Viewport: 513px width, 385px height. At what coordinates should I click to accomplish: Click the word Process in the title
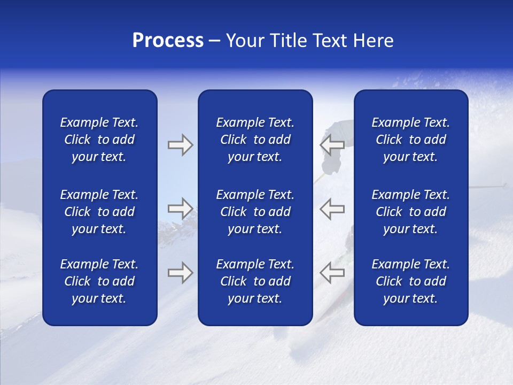pos(168,41)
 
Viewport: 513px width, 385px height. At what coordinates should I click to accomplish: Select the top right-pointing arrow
pos(180,145)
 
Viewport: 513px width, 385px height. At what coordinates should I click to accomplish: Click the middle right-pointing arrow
pos(180,208)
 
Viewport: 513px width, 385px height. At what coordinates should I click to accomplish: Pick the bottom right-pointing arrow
pos(180,273)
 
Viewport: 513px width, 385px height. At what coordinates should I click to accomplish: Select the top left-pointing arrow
pos(332,145)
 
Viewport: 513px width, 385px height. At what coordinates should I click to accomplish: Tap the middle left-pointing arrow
pos(332,208)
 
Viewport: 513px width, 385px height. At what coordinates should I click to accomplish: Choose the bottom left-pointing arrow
pos(332,273)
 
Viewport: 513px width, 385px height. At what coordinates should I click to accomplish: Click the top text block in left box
pos(99,140)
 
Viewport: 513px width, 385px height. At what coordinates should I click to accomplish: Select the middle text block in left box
pos(99,212)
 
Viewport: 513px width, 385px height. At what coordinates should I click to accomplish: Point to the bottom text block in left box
pos(99,281)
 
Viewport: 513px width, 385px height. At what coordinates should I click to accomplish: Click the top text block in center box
pos(255,140)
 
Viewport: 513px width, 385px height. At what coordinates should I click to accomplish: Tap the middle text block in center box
pos(255,212)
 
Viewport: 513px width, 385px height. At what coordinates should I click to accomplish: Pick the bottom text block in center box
pos(255,281)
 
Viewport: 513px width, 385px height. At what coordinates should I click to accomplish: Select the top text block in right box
pos(410,140)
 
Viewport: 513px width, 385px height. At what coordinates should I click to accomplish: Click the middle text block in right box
pos(410,212)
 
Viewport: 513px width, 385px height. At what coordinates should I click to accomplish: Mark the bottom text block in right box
pos(410,281)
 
